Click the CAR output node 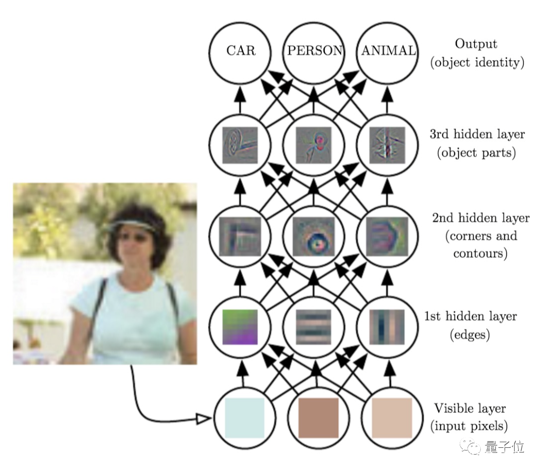click(x=240, y=51)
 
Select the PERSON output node click(x=314, y=51)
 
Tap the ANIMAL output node click(x=387, y=51)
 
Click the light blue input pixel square click(x=244, y=418)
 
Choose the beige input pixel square click(x=391, y=418)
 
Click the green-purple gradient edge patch click(x=240, y=327)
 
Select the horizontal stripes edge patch click(x=314, y=327)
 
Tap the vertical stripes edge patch click(x=387, y=327)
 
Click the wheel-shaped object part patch click(x=240, y=146)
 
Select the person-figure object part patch click(x=314, y=146)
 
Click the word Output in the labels click(x=476, y=44)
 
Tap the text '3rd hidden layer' click(x=477, y=135)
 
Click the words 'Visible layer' click(x=470, y=409)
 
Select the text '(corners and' click(x=481, y=237)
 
